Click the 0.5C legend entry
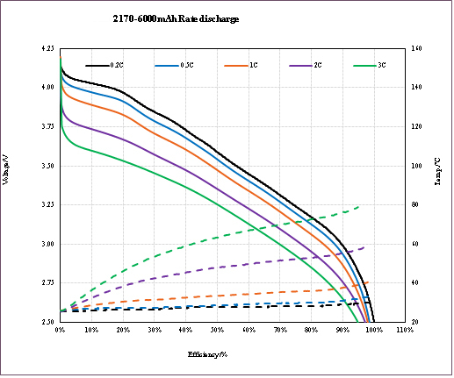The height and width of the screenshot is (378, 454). (176, 65)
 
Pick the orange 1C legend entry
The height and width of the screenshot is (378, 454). (242, 65)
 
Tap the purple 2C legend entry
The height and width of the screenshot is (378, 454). (306, 65)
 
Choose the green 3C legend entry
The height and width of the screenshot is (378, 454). (370, 65)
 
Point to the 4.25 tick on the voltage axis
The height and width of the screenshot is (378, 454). (47, 48)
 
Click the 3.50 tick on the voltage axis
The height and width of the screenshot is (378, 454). (47, 166)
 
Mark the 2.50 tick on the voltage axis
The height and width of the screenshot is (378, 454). (47, 322)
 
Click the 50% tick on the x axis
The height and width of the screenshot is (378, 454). (217, 331)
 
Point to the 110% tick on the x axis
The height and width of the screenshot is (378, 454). (405, 331)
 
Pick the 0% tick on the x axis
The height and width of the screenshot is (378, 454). (60, 331)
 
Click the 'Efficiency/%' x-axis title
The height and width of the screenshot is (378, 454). (207, 354)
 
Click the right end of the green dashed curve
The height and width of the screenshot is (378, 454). (360, 207)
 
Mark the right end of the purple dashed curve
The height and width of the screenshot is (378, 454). (364, 247)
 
